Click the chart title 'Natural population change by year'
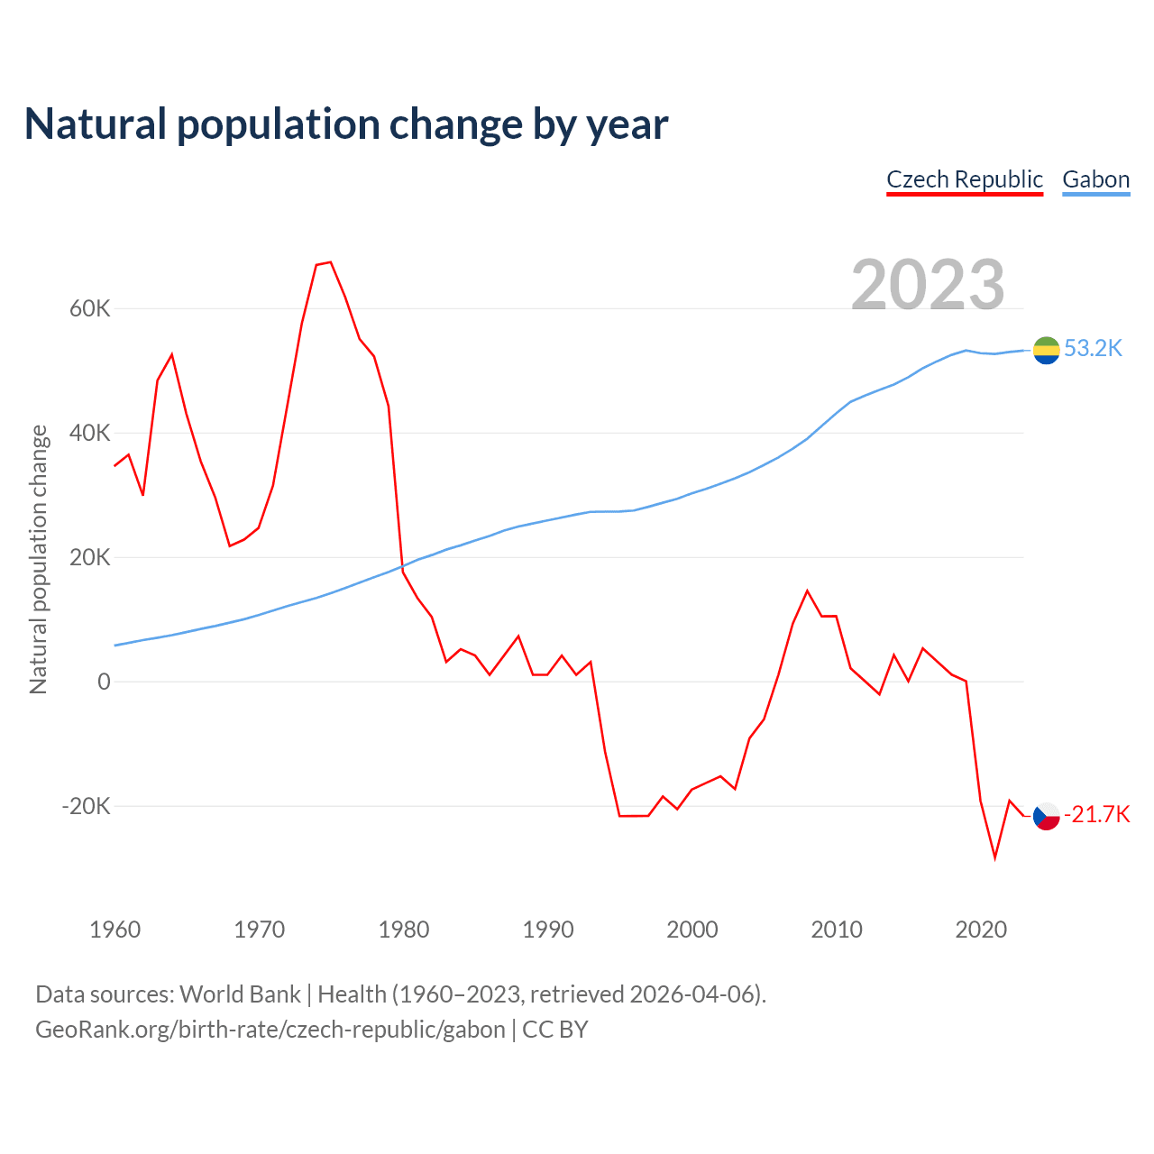click(346, 124)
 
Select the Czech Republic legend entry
click(965, 179)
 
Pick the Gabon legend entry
click(1095, 179)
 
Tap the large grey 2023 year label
click(928, 285)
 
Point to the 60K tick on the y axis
click(89, 309)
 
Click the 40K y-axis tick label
click(89, 434)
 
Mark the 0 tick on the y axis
click(104, 682)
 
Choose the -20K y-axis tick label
click(86, 806)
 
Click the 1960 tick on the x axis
click(115, 930)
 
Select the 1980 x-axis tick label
click(404, 930)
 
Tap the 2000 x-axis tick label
click(692, 930)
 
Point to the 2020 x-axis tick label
click(981, 930)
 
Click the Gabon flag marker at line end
click(1046, 350)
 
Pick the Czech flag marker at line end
click(1046, 816)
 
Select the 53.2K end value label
click(1094, 349)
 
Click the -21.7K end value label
click(1096, 815)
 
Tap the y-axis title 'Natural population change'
click(39, 559)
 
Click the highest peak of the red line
click(331, 262)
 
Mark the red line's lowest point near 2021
click(995, 857)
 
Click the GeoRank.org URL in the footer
click(270, 1030)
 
